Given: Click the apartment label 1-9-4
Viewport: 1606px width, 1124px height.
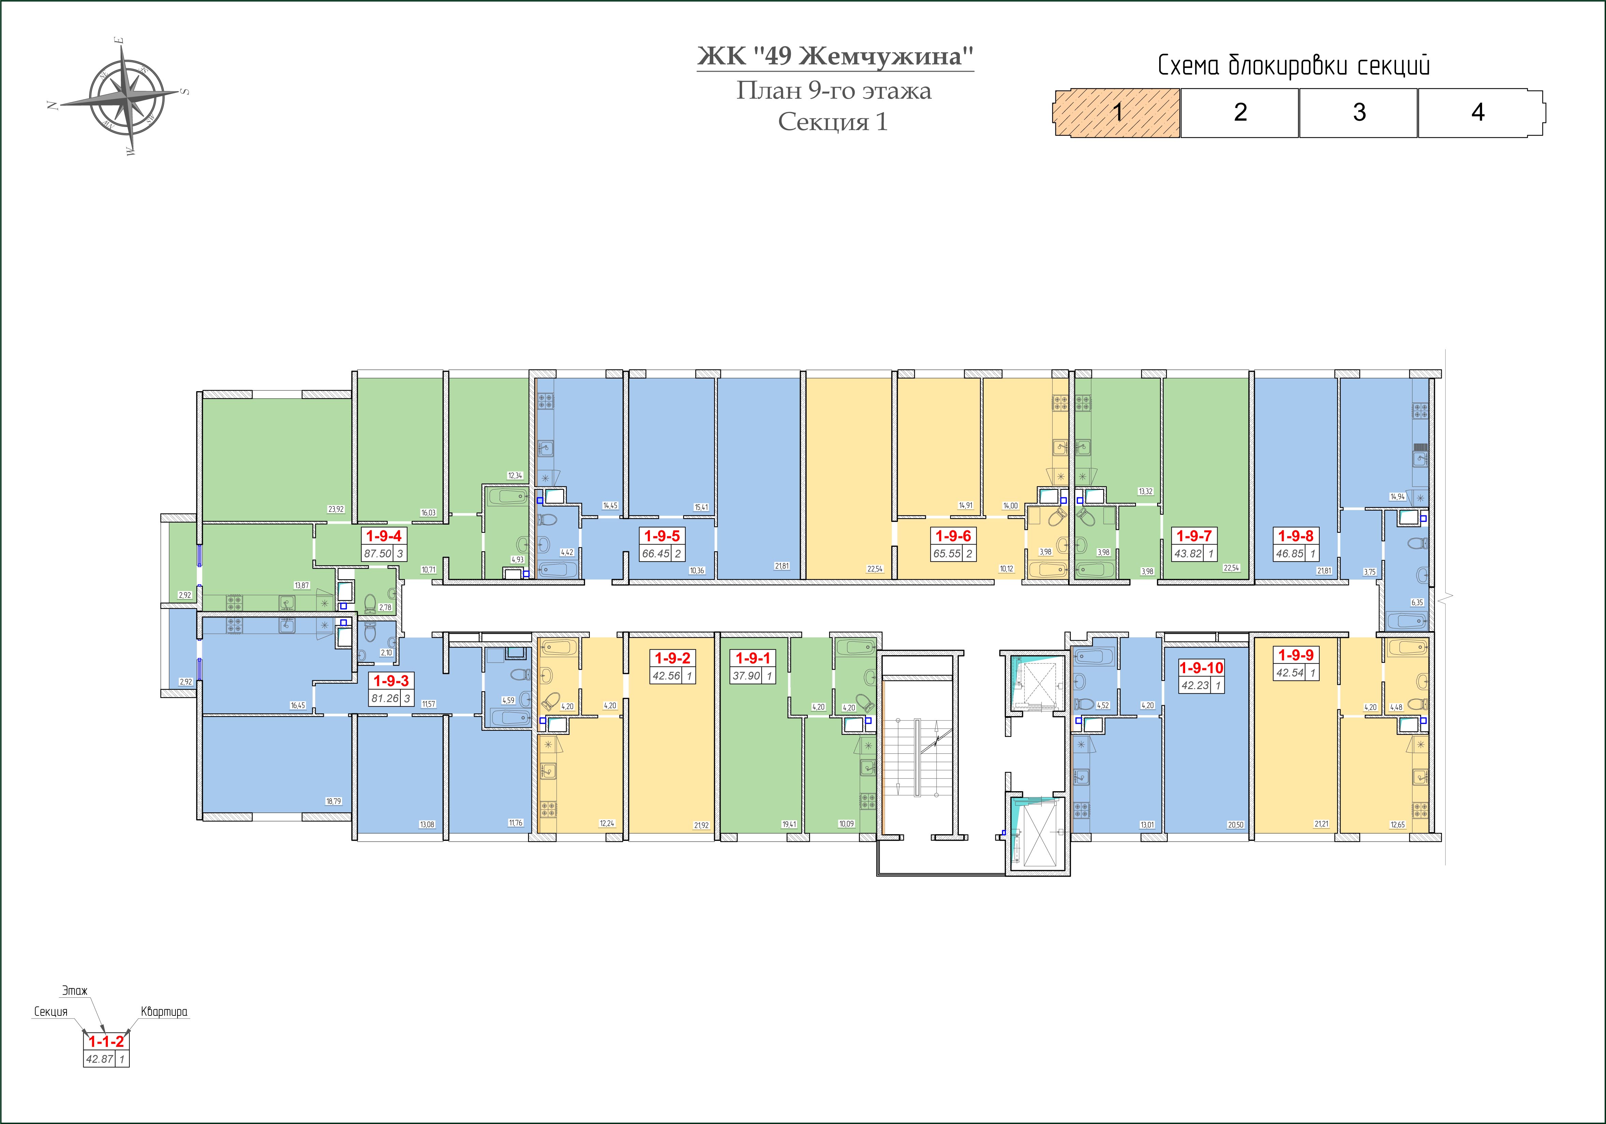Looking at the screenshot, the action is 384,536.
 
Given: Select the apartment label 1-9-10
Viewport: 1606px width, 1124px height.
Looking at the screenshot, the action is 1202,668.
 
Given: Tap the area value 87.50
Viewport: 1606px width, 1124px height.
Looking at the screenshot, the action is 378,553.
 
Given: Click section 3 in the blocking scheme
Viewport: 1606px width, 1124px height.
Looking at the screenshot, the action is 1359,113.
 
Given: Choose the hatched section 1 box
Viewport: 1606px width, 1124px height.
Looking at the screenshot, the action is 1118,113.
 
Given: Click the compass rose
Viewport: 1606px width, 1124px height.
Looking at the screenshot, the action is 126,96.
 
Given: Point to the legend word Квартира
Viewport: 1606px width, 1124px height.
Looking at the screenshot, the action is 165,1011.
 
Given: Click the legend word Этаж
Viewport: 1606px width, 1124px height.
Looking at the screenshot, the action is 75,991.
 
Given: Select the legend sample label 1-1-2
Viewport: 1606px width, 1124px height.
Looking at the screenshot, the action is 106,1041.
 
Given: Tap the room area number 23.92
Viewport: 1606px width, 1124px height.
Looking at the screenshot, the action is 336,509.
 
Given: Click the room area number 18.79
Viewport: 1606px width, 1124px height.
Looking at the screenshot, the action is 333,801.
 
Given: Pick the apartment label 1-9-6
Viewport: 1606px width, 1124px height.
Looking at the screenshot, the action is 953,536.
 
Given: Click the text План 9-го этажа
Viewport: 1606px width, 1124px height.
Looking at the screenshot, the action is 834,91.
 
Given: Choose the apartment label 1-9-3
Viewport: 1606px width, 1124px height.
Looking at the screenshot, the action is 391,681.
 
